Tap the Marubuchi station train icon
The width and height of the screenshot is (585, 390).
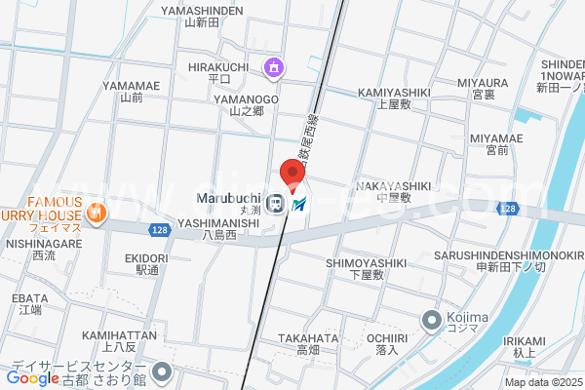(x=276, y=204)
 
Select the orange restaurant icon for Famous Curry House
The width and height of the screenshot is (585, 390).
(x=96, y=213)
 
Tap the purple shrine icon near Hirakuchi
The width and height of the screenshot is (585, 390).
(x=275, y=67)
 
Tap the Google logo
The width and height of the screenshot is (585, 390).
(x=33, y=377)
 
